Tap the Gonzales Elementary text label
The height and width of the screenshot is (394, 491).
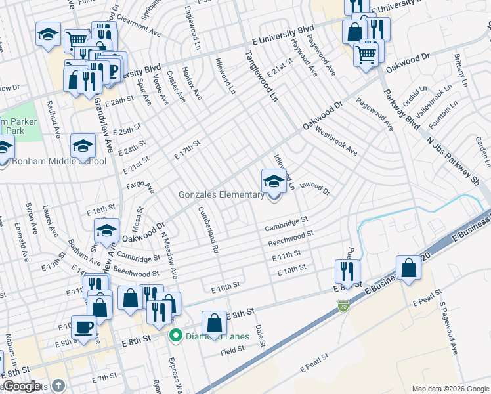221,194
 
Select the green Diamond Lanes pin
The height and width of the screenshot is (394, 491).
175,337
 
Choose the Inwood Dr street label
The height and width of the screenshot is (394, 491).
314,188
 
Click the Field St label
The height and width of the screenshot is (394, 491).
232,351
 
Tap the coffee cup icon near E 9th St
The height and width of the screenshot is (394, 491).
83,327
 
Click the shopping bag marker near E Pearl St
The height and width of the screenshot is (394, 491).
408,268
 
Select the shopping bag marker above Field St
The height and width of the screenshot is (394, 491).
214,322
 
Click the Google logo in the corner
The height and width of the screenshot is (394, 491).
22,386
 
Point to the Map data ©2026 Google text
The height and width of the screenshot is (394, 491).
450,389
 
